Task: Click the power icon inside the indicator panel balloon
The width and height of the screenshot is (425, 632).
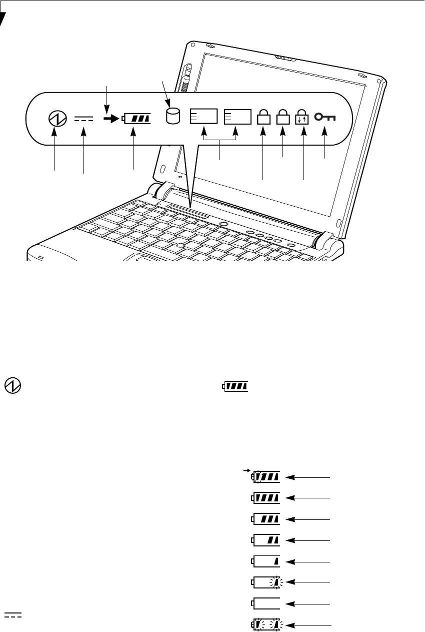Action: point(56,119)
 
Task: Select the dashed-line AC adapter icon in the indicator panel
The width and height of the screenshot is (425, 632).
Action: point(83,119)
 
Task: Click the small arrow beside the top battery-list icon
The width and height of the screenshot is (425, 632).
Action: point(246,471)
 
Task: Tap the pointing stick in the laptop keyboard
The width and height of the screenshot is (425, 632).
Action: point(179,245)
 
